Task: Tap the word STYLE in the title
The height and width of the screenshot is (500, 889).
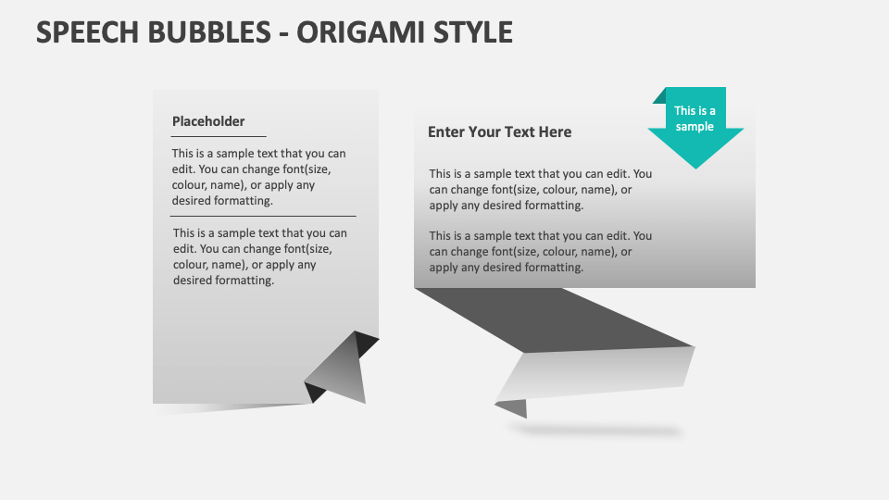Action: click(473, 31)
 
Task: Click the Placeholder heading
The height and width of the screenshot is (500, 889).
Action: click(208, 121)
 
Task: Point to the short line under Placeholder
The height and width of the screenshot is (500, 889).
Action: click(219, 136)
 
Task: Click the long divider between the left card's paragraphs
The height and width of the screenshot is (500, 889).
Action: click(264, 216)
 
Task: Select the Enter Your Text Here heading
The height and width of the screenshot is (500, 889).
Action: click(499, 132)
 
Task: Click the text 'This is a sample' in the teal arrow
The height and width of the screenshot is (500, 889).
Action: click(695, 119)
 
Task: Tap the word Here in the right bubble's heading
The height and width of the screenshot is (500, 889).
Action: click(555, 132)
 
